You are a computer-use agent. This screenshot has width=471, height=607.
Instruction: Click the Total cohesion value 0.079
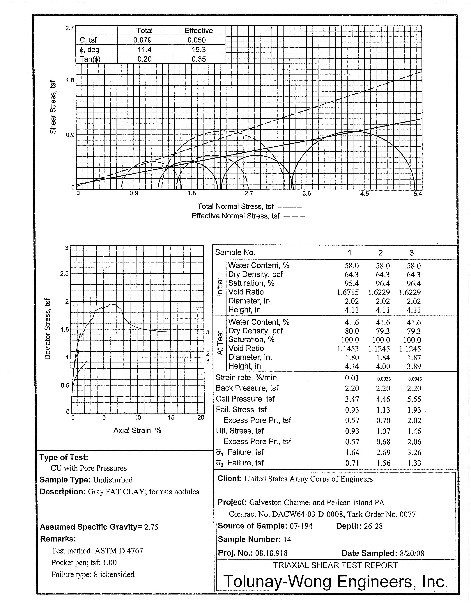(x=144, y=40)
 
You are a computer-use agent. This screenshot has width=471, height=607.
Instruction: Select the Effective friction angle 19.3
(x=199, y=49)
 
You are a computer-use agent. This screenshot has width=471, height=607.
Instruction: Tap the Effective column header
(x=199, y=31)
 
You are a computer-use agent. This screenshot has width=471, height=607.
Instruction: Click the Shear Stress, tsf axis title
(x=53, y=107)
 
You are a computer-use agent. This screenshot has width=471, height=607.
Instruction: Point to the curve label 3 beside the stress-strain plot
(x=207, y=332)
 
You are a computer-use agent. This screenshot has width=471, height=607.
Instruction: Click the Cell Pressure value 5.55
(x=414, y=399)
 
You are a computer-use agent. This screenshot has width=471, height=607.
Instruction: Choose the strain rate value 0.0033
(x=383, y=379)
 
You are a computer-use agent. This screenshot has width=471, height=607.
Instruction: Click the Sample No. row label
(x=235, y=252)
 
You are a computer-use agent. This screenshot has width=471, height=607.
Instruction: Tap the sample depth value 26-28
(x=373, y=526)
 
